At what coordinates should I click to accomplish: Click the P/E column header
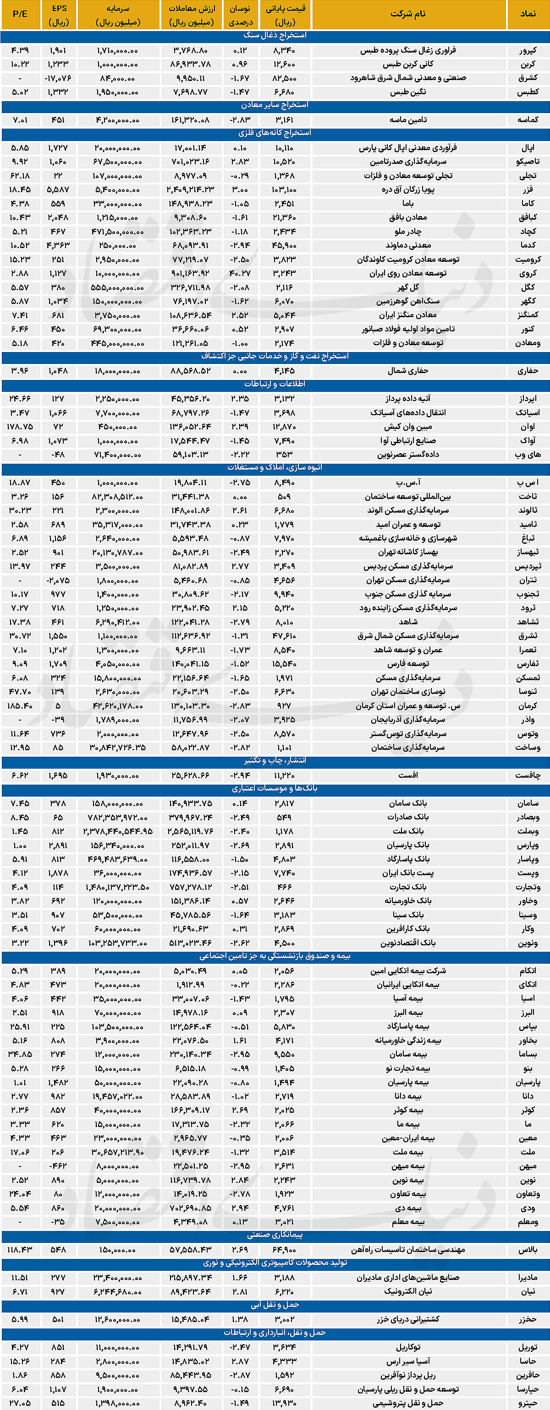point(20,14)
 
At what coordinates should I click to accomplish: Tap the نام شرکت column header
point(407,14)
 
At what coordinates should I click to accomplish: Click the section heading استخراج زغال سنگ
point(275,36)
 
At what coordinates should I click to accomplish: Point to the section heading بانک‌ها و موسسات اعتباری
point(275,788)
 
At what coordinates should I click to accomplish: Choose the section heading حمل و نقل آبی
point(275,1305)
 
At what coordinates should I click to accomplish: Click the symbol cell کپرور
point(528,50)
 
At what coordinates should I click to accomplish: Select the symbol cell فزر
point(528,190)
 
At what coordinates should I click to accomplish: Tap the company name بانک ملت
point(408,831)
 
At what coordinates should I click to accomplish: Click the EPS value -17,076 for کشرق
point(58,78)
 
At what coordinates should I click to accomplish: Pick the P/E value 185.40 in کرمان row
point(20,705)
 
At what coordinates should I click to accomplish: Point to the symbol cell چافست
point(528,775)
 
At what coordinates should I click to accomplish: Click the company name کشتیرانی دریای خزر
point(408,1319)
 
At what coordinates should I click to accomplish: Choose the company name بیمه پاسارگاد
point(408,1026)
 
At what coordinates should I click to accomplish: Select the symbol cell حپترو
point(528,1403)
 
